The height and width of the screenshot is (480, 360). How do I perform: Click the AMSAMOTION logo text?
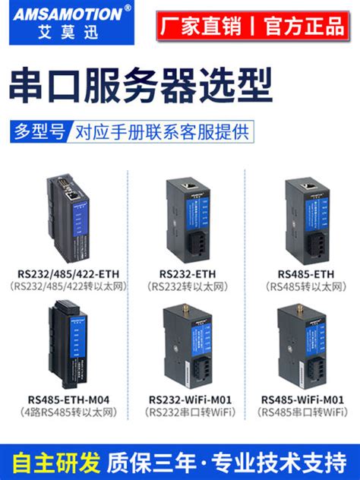click(61, 14)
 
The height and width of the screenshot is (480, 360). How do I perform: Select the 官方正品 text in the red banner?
click(304, 26)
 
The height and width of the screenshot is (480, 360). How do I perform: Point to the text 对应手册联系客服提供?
click(161, 131)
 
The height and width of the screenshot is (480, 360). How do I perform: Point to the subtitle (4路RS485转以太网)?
click(68, 412)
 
